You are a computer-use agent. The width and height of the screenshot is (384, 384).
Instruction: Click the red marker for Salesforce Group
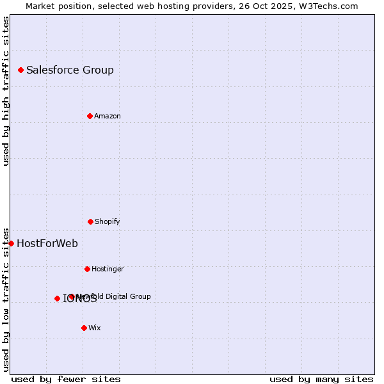click(x=20, y=70)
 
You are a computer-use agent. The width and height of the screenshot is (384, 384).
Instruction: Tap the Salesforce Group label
click(x=70, y=70)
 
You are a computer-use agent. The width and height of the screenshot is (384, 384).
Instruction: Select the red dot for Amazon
click(x=90, y=116)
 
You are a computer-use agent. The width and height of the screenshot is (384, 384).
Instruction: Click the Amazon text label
click(x=108, y=116)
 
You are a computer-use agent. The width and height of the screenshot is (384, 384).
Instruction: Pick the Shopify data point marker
click(x=90, y=221)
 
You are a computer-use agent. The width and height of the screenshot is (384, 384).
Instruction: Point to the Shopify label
click(x=108, y=222)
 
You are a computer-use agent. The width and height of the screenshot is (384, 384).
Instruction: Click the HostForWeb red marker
click(x=11, y=243)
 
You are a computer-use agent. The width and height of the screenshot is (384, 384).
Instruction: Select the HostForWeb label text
click(x=47, y=244)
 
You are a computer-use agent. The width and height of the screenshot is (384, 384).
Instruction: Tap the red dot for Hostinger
click(x=87, y=269)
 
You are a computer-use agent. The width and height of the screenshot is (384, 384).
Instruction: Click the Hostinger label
click(x=108, y=269)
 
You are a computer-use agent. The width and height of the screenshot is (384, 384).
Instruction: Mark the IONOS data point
click(x=57, y=298)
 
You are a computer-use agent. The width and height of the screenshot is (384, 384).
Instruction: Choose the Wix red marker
click(x=84, y=328)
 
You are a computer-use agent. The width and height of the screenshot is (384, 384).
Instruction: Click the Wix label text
click(x=95, y=328)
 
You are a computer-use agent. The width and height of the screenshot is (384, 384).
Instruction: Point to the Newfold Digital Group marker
click(x=72, y=296)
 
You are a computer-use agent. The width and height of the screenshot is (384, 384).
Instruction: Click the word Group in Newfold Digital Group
click(x=140, y=296)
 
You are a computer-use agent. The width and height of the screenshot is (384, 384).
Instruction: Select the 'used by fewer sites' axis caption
click(x=66, y=379)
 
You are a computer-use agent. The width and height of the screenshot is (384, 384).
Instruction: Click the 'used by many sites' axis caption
click(x=321, y=379)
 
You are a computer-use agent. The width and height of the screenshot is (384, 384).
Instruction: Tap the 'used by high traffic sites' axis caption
click(x=6, y=91)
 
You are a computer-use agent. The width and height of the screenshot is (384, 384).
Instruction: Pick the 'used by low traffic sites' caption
click(x=6, y=300)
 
